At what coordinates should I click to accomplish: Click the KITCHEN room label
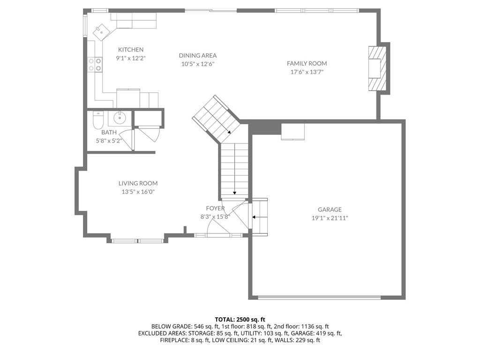click(x=131, y=50)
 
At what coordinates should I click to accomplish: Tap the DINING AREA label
click(x=198, y=55)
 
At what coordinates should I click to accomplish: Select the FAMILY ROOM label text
click(x=307, y=63)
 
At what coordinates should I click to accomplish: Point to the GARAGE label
click(x=330, y=210)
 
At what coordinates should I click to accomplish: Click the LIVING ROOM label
click(x=138, y=183)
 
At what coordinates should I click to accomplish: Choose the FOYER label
click(x=215, y=209)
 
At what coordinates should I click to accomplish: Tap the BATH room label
click(x=109, y=132)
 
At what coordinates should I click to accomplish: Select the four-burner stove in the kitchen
click(x=95, y=65)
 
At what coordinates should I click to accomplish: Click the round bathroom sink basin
click(x=120, y=117)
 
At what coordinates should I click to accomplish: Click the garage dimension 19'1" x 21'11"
click(x=330, y=218)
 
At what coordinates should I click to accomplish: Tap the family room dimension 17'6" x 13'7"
click(x=307, y=72)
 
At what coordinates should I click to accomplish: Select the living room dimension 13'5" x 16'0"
click(x=138, y=192)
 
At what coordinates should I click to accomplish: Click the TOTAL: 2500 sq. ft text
click(x=240, y=320)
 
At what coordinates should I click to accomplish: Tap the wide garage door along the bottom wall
click(x=319, y=297)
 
